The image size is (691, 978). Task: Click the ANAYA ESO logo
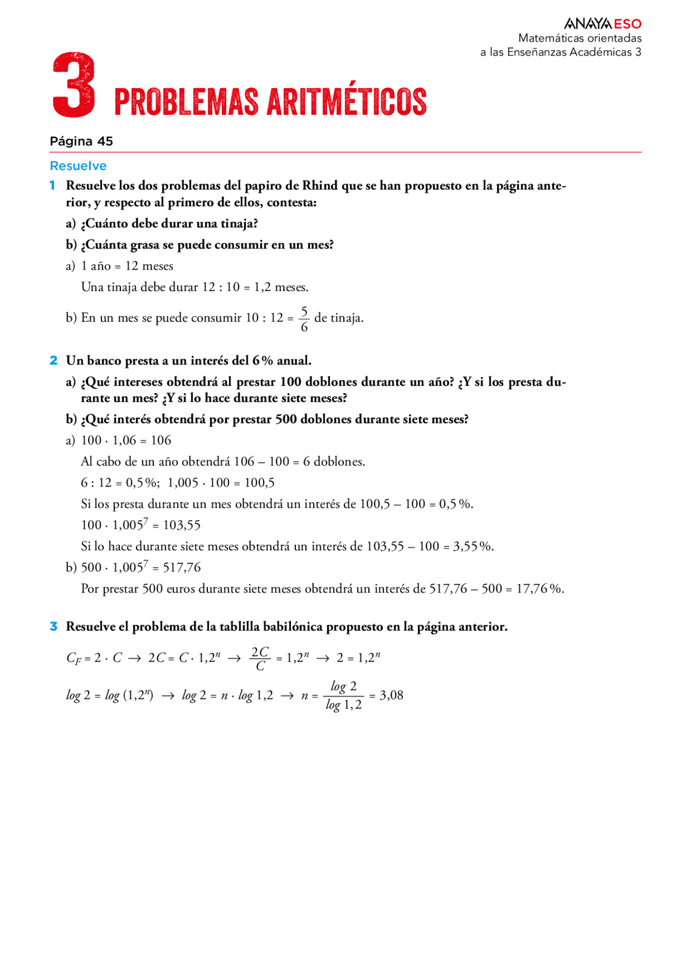click(x=602, y=24)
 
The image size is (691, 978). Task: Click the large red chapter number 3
click(x=74, y=85)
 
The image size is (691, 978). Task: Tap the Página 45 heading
click(x=82, y=141)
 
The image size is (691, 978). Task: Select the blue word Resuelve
click(x=78, y=166)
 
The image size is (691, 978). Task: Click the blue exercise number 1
click(x=53, y=186)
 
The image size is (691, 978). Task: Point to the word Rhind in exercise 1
click(x=320, y=186)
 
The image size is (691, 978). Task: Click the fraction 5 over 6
click(x=304, y=319)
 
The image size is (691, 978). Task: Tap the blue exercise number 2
click(x=53, y=361)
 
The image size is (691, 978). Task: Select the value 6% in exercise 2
click(x=263, y=361)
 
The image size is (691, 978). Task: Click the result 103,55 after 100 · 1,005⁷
click(x=182, y=525)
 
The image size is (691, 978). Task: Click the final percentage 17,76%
click(x=539, y=589)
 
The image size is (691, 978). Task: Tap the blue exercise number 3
click(x=53, y=627)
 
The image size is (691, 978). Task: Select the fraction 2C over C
click(x=260, y=659)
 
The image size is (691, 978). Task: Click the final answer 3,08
click(x=391, y=696)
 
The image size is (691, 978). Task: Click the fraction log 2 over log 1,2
click(x=344, y=696)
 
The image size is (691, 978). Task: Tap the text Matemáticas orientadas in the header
click(x=580, y=38)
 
